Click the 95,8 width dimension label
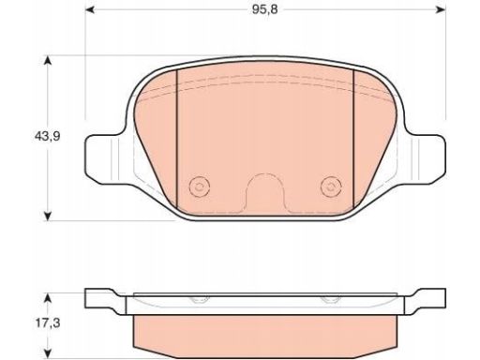[x=264, y=10]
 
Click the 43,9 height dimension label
[x=47, y=136]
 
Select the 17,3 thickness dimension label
[x=47, y=323]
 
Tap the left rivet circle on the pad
[x=200, y=187]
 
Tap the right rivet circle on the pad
[x=331, y=187]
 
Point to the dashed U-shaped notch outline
[x=265, y=173]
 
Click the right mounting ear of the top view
[x=427, y=159]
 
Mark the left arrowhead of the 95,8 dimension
[x=90, y=10]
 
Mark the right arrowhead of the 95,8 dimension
[x=441, y=10]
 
